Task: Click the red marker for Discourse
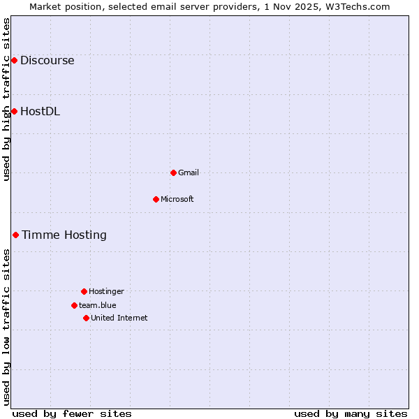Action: [x=14, y=61]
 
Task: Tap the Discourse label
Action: [x=47, y=61]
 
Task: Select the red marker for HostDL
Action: [x=14, y=111]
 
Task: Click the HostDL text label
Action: [x=40, y=111]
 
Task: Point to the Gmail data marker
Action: [x=173, y=172]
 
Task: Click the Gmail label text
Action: [x=189, y=172]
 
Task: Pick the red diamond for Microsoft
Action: [x=156, y=199]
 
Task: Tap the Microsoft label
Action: [x=177, y=199]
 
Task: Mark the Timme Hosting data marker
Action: [x=15, y=235]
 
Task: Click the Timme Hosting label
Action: [x=64, y=235]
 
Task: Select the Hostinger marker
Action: [x=84, y=291]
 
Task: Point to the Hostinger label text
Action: [x=106, y=291]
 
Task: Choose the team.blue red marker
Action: [x=74, y=305]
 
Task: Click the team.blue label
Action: [x=97, y=305]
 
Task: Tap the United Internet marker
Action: [x=86, y=318]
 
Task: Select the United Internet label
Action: [x=119, y=318]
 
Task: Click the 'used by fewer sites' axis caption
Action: [x=72, y=413]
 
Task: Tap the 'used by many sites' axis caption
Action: [x=351, y=413]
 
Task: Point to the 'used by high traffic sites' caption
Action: [x=6, y=99]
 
